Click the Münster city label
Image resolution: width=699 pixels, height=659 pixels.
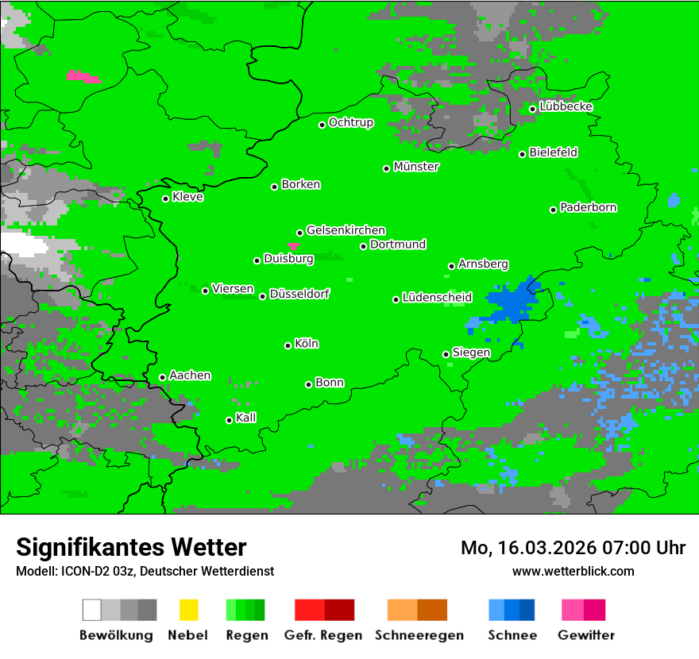(416, 167)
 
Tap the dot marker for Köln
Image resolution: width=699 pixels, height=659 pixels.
(288, 345)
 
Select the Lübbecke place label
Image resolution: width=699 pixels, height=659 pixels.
(566, 106)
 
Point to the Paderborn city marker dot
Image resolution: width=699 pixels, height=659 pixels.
(554, 210)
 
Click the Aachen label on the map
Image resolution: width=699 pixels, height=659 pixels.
(190, 375)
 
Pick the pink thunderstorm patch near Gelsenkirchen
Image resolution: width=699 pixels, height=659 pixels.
(294, 246)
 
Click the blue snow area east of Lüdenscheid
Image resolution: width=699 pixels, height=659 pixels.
(512, 302)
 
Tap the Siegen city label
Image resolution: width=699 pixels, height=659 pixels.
(471, 353)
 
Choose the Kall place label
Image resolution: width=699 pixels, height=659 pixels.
(246, 418)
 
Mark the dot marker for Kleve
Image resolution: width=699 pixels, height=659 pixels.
(166, 198)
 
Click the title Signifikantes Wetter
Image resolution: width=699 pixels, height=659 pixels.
(131, 547)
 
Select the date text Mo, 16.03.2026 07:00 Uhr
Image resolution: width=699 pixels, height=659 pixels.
(573, 548)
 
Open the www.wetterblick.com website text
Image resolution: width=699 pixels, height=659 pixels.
(573, 571)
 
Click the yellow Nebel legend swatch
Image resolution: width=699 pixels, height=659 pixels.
(188, 610)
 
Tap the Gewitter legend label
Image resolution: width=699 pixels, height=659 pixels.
(585, 635)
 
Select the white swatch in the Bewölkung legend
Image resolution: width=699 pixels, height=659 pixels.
(92, 610)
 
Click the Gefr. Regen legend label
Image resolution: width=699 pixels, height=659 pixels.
(323, 635)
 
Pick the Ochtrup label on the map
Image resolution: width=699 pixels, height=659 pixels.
(350, 122)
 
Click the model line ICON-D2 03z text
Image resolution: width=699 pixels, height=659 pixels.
(145, 571)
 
